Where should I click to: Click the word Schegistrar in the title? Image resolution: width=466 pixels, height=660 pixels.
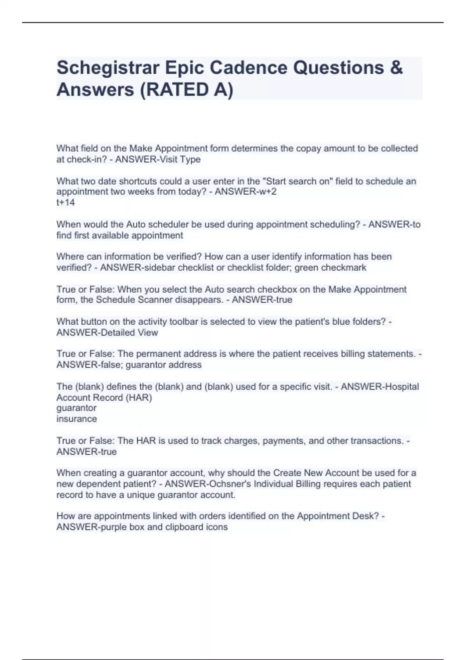pyautogui.click(x=108, y=68)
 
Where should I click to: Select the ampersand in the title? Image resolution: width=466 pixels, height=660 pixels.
pyautogui.click(x=396, y=68)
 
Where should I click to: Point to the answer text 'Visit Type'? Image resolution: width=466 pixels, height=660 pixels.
pyautogui.click(x=180, y=159)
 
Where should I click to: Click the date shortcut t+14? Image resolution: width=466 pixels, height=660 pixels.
pyautogui.click(x=66, y=202)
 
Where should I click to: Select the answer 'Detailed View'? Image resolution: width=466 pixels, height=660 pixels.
pyautogui.click(x=129, y=332)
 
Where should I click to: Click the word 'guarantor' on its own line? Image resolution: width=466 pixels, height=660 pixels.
pyautogui.click(x=77, y=408)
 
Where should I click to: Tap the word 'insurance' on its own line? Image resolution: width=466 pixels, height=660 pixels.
pyautogui.click(x=77, y=419)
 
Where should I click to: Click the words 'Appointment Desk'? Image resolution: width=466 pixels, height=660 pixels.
pyautogui.click(x=337, y=516)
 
